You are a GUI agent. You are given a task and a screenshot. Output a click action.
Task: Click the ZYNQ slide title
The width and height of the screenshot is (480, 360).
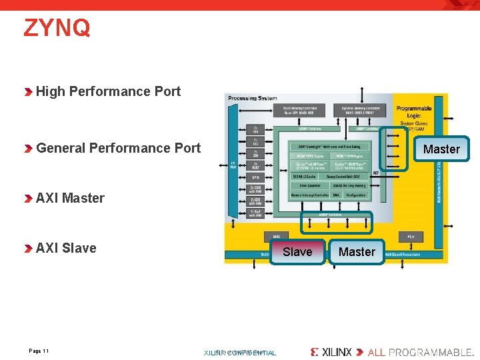pos(57,29)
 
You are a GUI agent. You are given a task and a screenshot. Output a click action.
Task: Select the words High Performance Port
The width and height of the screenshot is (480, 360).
pos(108,91)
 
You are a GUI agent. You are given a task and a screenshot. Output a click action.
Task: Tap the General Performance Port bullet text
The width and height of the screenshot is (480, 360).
pos(118,148)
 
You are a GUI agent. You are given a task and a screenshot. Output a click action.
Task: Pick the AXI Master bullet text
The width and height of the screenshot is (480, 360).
pos(70,198)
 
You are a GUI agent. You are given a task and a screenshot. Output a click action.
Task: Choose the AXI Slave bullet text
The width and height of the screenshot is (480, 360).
pos(66,248)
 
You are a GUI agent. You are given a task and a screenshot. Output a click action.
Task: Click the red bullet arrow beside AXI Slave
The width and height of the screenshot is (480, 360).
pos(28,249)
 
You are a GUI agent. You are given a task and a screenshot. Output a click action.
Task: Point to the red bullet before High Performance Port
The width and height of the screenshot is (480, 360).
pos(28,92)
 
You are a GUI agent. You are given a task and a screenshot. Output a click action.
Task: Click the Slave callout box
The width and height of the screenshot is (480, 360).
pos(297,251)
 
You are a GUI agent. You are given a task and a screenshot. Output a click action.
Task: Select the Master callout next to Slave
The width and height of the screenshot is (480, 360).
pos(357,252)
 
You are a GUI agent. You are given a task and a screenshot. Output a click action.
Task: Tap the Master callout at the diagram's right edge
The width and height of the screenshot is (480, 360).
pos(441,149)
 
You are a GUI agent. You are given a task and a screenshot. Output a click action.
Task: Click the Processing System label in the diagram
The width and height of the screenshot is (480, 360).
pos(252,98)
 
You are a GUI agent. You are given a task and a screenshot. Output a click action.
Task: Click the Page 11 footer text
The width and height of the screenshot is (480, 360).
pos(39,351)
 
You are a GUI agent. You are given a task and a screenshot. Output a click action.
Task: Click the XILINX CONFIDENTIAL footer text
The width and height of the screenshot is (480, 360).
pos(240,353)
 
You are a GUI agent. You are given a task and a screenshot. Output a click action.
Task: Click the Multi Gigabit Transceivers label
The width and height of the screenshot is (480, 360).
pos(409,253)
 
